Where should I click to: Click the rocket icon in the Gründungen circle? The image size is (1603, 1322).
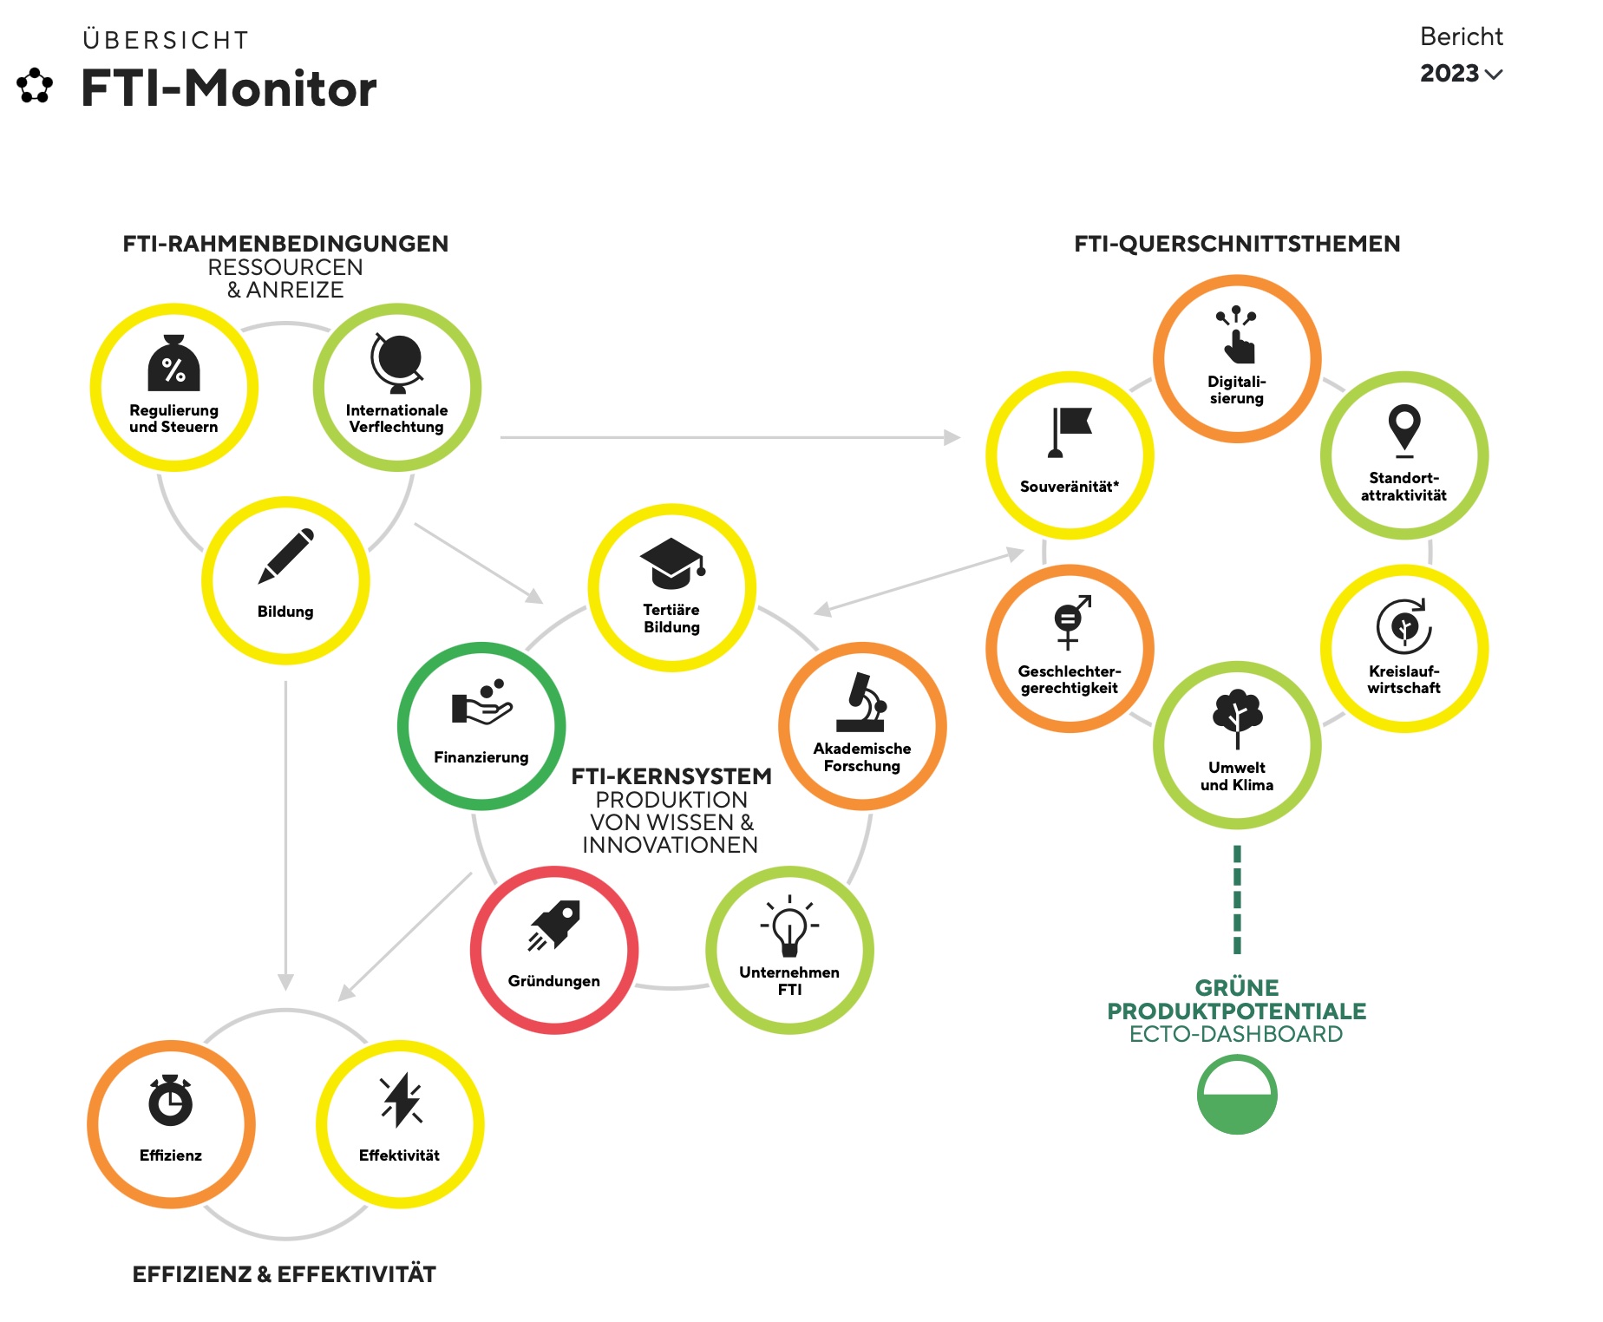click(554, 925)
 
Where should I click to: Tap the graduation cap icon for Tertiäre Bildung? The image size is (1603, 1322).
click(672, 563)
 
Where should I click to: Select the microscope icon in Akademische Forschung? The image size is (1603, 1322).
click(862, 702)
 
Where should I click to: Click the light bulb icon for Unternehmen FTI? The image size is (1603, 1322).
click(789, 926)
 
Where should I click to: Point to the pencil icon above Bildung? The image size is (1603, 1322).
click(286, 555)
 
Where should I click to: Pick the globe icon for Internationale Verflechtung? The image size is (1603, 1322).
click(397, 363)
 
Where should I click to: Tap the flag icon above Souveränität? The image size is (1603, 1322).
click(1070, 432)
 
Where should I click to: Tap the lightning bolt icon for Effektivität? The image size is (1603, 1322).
click(401, 1100)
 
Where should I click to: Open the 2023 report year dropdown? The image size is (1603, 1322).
click(1462, 74)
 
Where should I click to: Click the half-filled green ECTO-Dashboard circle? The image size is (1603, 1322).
click(1237, 1095)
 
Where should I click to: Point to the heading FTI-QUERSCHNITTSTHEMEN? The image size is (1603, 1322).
click(1237, 244)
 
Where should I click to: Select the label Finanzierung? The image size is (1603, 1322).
click(481, 757)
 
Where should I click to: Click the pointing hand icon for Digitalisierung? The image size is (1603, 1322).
click(1237, 334)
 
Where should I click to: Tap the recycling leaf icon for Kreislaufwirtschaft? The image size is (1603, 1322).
click(1404, 625)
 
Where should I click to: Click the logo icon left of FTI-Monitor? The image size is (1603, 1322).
click(35, 85)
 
